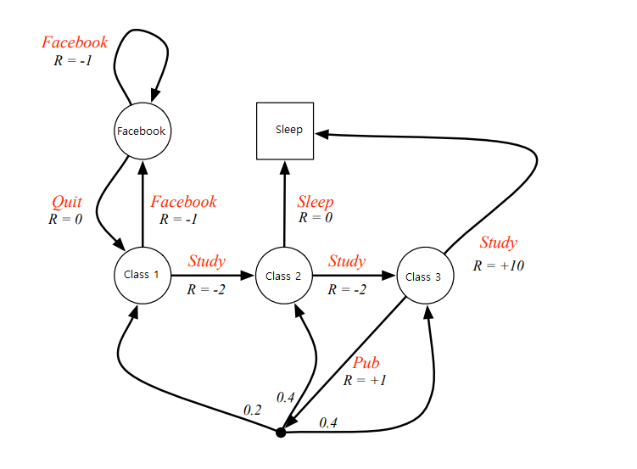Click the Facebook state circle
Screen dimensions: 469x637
[142, 131]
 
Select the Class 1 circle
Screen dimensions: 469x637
[142, 274]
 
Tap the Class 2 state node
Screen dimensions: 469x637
[283, 275]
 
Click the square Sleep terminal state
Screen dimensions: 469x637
[285, 131]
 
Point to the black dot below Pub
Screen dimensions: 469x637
[281, 433]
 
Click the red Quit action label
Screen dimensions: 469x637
[67, 202]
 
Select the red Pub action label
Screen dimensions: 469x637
[366, 363]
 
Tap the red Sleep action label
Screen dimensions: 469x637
[315, 202]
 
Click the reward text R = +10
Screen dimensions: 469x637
[499, 265]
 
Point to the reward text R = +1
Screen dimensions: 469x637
[366, 380]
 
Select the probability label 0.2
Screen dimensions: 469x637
[253, 410]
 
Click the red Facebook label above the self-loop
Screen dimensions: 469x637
[75, 42]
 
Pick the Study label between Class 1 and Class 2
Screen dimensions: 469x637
[206, 260]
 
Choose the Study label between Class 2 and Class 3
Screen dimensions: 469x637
[347, 260]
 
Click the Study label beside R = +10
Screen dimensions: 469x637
[498, 243]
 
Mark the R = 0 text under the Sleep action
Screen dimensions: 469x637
[315, 218]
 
